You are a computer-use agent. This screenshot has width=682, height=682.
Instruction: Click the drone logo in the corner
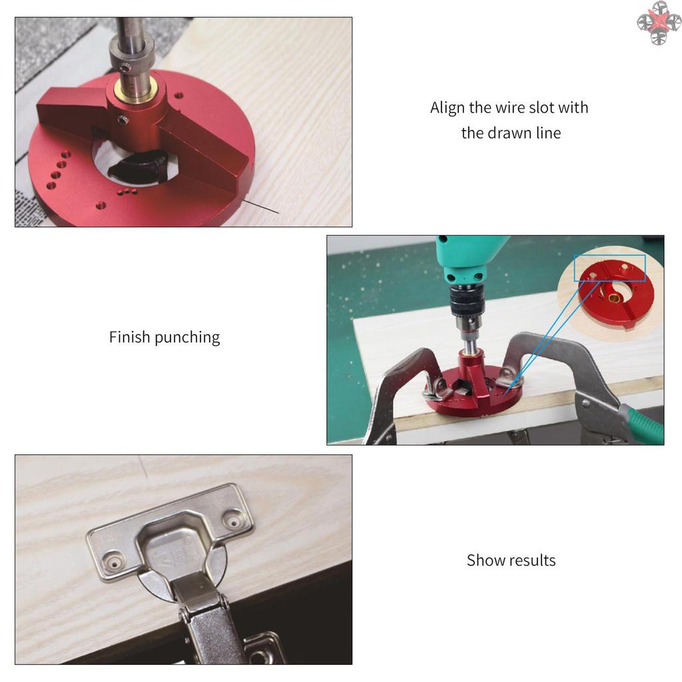coord(659,22)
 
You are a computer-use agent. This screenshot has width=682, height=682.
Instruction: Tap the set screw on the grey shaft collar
coord(126,68)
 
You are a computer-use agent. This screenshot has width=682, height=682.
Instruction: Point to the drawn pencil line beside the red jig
coord(261,206)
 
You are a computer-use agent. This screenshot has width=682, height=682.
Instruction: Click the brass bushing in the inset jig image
coord(613,298)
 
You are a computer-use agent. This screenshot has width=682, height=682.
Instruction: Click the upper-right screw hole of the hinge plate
coord(234,521)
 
